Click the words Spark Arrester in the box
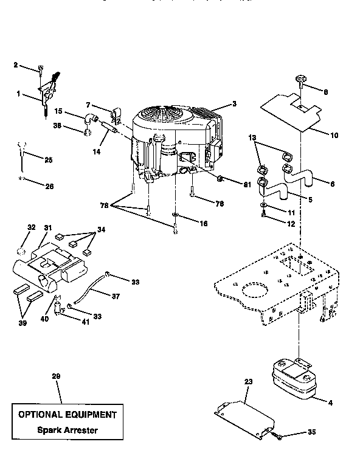pos(66,431)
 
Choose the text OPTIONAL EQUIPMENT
pos(66,415)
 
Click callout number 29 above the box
pos(56,377)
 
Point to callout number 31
pos(48,227)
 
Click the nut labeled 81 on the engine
pos(221,179)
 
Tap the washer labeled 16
pos(175,215)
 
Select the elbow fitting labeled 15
pos(89,118)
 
